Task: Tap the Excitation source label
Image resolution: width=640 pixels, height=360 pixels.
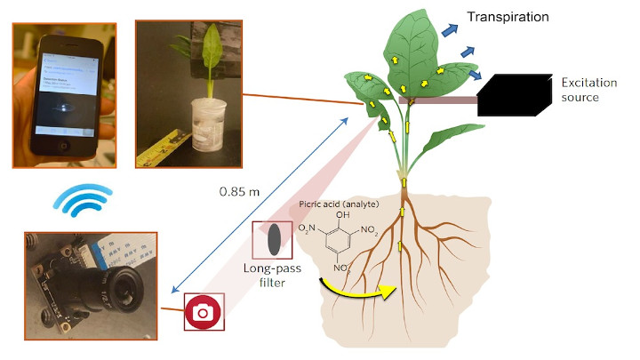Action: coord(592,89)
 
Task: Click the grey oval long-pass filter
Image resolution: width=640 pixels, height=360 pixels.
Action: coord(276,238)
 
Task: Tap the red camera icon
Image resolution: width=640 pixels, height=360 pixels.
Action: coord(204,311)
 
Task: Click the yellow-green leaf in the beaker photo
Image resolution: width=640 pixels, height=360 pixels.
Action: coord(212,53)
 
